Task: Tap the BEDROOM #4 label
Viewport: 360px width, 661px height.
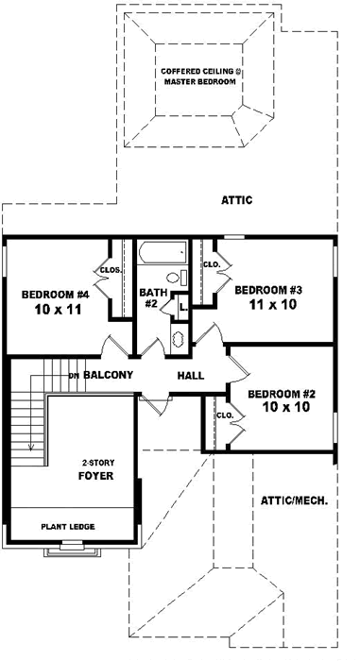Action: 56,294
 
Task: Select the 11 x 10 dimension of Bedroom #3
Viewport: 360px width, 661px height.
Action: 267,307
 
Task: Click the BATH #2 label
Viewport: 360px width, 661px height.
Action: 154,298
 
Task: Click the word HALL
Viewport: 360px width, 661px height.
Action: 191,376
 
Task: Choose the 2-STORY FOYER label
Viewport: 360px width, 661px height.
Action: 96,469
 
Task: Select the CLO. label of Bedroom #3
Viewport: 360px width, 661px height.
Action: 212,264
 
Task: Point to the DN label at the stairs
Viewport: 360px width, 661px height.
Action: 73,376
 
